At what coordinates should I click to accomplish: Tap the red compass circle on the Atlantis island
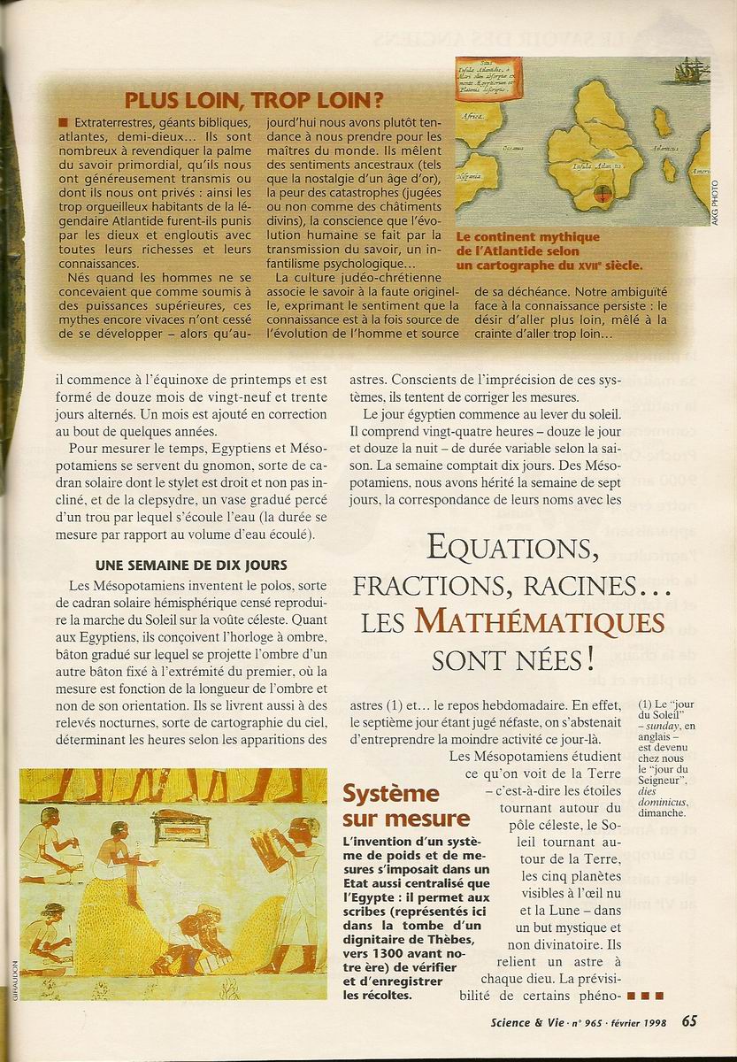click(x=603, y=189)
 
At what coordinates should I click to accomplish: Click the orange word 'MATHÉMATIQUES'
click(x=541, y=622)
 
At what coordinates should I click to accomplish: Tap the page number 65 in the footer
click(x=690, y=1020)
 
